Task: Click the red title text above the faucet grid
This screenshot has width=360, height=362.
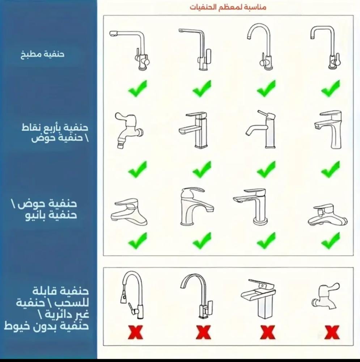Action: [228, 7]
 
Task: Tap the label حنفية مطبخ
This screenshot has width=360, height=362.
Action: [42, 55]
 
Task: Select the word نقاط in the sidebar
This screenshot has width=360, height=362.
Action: [30, 127]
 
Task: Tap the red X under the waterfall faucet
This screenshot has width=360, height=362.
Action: [267, 332]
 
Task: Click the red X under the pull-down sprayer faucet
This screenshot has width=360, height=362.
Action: [135, 332]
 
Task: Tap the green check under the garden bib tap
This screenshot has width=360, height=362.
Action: [138, 169]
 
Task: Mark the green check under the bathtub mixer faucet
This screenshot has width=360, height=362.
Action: [331, 240]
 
